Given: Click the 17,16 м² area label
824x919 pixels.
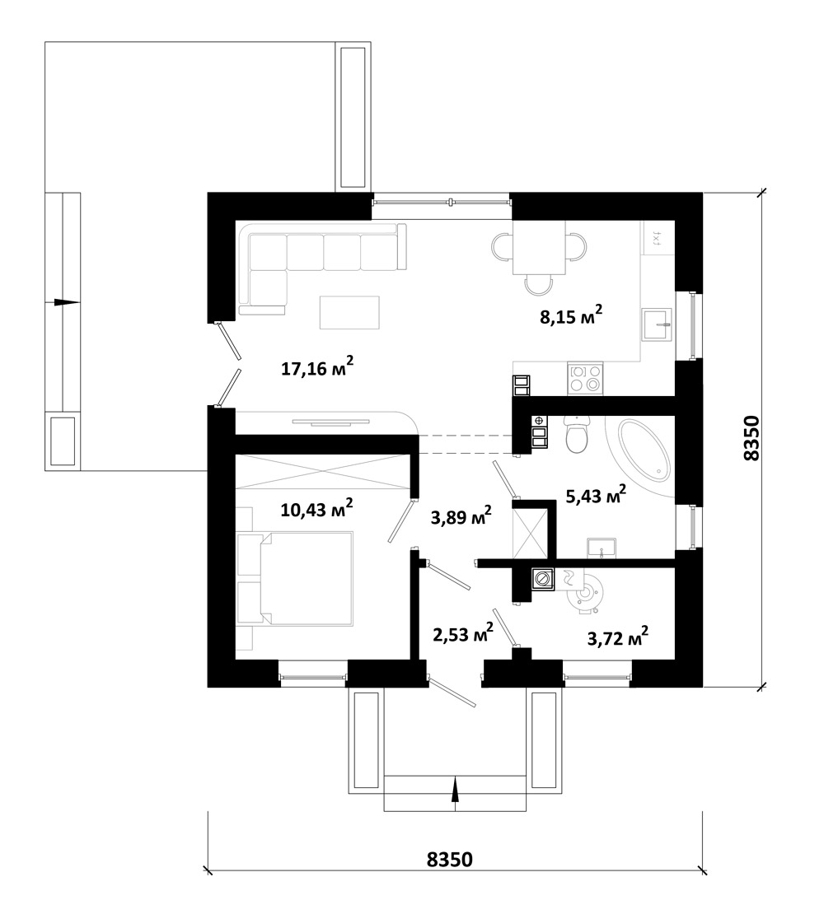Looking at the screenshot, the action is tap(317, 368).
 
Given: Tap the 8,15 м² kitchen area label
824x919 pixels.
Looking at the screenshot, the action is tap(571, 316).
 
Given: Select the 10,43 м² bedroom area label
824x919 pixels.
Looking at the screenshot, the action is tap(316, 508).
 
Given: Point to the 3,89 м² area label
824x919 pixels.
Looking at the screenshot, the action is tap(461, 516).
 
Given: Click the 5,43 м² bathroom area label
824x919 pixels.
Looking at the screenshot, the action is tap(596, 495).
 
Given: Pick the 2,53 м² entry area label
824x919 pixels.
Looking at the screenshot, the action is tap(463, 633).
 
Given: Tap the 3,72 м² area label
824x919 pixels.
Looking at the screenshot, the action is tap(617, 637).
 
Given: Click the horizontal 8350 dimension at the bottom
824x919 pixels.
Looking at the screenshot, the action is tap(449, 859).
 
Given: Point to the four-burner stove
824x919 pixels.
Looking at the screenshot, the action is tap(585, 378).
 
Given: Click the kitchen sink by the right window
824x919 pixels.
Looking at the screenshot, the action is tap(658, 324).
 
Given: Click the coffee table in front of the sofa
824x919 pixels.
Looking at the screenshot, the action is tap(349, 312).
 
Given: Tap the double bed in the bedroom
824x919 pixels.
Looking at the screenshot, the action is tap(295, 578).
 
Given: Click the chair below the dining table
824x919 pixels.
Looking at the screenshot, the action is tap(539, 284).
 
